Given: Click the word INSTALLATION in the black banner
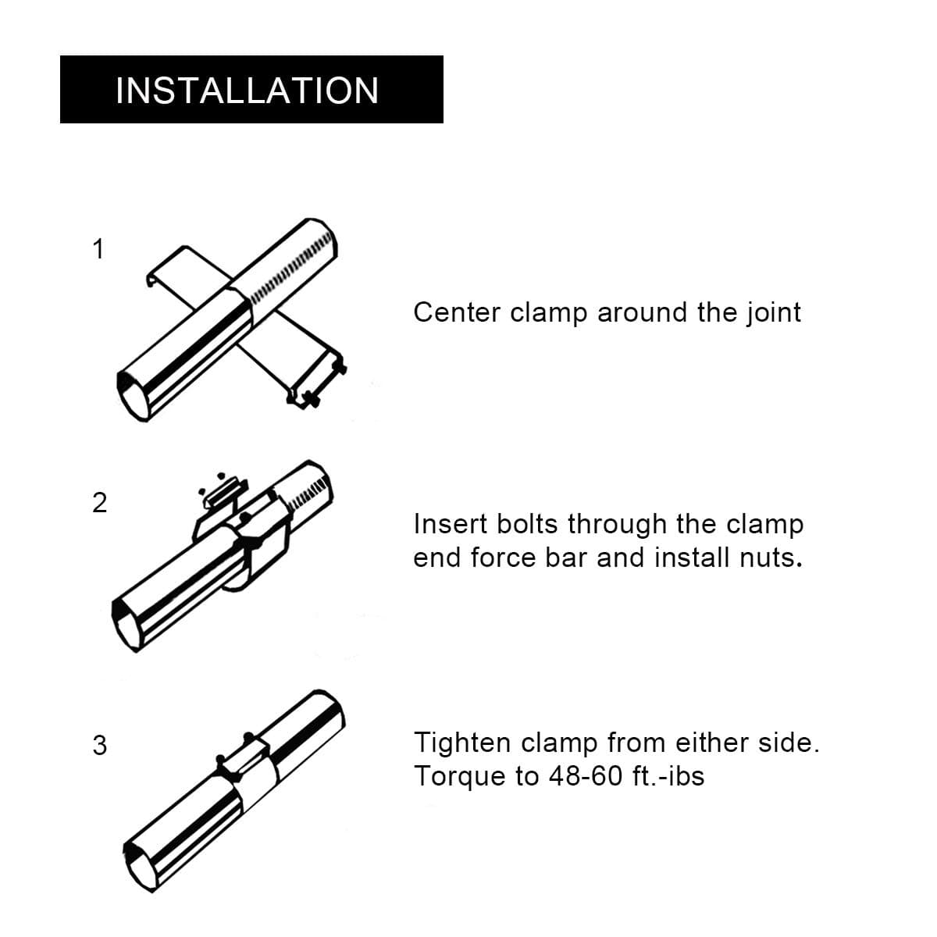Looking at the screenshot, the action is [x=247, y=91].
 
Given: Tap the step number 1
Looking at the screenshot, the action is [x=98, y=249].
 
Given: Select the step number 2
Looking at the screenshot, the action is [x=99, y=503].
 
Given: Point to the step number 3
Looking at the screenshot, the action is [x=99, y=746].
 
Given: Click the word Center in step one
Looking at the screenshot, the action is [x=457, y=312].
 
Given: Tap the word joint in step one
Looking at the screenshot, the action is [x=774, y=312].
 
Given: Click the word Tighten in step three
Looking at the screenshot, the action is [x=461, y=743].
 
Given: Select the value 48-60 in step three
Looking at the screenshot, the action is [x=586, y=776].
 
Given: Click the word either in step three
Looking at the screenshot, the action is [x=711, y=743].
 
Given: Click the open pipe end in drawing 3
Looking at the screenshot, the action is [x=138, y=864].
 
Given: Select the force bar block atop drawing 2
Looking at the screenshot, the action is [x=224, y=493].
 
